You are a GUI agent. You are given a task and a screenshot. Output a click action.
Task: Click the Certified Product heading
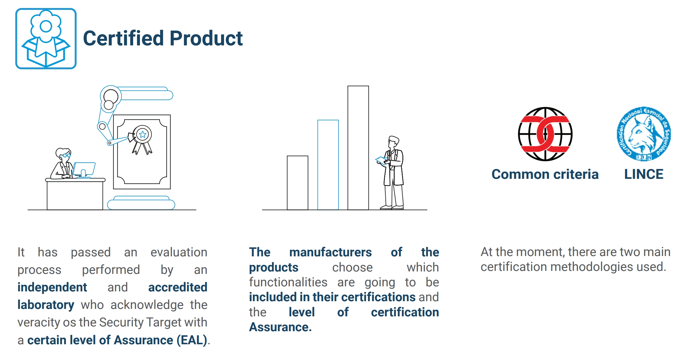coord(163,38)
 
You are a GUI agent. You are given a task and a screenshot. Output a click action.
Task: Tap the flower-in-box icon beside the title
coord(46,39)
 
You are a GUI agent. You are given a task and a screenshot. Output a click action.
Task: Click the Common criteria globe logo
coord(545,134)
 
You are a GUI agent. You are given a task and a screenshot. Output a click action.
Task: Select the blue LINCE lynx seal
coord(644,134)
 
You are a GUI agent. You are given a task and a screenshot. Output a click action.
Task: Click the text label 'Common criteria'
coord(545,174)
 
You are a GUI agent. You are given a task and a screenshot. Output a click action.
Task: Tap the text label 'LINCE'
coord(644,174)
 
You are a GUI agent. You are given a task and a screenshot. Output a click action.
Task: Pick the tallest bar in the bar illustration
coord(358,148)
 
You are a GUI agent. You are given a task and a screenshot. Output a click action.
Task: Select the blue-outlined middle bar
coord(328,165)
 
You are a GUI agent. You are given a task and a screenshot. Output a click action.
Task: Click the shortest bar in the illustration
coord(297,183)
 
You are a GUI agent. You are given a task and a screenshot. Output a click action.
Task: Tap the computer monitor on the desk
coord(84,170)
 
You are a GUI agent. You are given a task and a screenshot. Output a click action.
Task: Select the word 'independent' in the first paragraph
coord(52,287)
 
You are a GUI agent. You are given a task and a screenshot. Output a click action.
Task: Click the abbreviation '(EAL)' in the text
coord(192,340)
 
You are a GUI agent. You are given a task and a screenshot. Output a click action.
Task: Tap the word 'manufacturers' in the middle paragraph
coord(330,252)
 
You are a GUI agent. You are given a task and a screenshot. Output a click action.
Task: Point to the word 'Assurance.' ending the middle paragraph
coord(281,327)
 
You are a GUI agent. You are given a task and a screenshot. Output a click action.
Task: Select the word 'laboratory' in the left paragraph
coord(46,305)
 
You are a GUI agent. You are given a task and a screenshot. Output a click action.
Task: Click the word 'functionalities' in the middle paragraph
coord(288,282)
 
